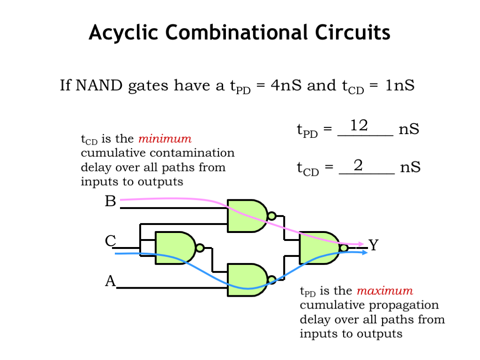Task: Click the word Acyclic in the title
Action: (x=123, y=33)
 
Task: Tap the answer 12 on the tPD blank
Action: (x=359, y=126)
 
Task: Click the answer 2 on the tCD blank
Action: (x=359, y=165)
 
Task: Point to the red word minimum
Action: (x=165, y=139)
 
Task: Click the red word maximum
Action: (x=385, y=291)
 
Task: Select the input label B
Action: (x=110, y=202)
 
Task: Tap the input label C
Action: (x=110, y=241)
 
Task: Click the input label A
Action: (x=110, y=281)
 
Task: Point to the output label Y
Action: (x=373, y=245)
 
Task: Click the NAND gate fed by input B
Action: (x=246, y=216)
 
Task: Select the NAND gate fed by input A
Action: (x=246, y=280)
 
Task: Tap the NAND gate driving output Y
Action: (x=319, y=247)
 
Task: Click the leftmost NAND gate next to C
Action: (x=174, y=247)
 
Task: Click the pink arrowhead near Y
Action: (x=361, y=244)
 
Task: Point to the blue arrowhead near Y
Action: (x=364, y=253)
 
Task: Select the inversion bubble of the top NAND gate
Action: (x=271, y=216)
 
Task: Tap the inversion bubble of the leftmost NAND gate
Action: (x=200, y=247)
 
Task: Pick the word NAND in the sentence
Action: (x=98, y=86)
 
